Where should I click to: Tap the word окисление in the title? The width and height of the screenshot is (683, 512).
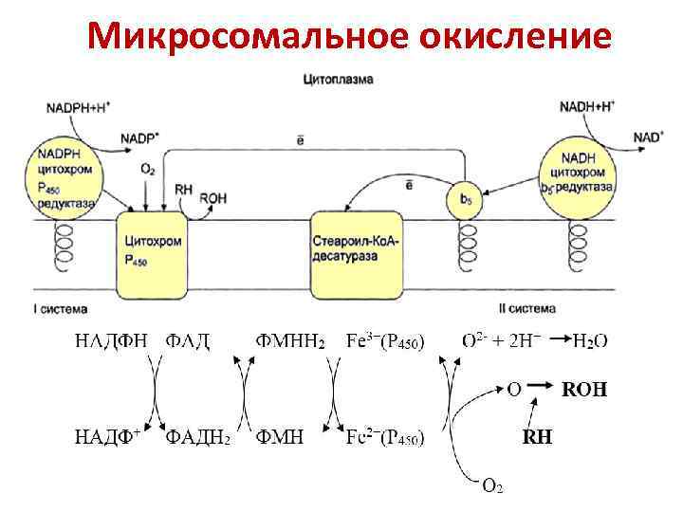coord(512,37)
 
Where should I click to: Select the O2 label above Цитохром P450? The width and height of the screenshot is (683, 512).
coord(148,170)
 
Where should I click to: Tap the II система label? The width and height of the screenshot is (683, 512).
coord(526,309)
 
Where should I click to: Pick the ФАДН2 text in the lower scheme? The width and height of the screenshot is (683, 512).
coord(198,438)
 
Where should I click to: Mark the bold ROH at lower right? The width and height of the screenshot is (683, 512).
coord(585,389)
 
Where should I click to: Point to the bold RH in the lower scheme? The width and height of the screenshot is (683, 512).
coord(537,438)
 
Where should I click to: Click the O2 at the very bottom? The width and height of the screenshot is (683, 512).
coord(492,486)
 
